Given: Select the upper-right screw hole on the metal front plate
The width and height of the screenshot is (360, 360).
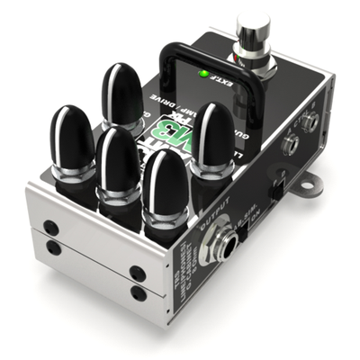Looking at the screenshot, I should pos(138,273).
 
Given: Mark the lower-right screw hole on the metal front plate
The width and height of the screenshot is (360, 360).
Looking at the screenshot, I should pos(138,292).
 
